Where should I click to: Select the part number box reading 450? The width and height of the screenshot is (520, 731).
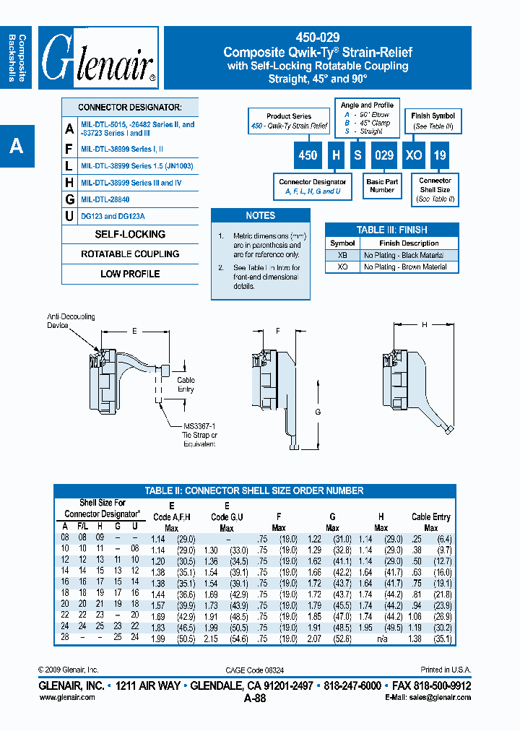(308, 155)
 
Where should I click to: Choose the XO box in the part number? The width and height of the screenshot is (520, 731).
(414, 155)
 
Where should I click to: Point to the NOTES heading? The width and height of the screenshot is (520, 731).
(260, 215)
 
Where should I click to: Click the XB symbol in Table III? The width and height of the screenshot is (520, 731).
(342, 255)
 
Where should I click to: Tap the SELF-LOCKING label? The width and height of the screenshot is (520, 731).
(130, 235)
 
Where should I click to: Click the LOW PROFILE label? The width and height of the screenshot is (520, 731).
(130, 274)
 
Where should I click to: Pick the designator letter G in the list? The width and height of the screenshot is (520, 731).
(69, 199)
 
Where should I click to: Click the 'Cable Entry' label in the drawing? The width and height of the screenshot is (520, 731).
(186, 384)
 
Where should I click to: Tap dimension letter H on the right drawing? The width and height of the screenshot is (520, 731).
(425, 324)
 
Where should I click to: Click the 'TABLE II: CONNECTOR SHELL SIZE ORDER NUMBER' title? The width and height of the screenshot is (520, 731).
(254, 490)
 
